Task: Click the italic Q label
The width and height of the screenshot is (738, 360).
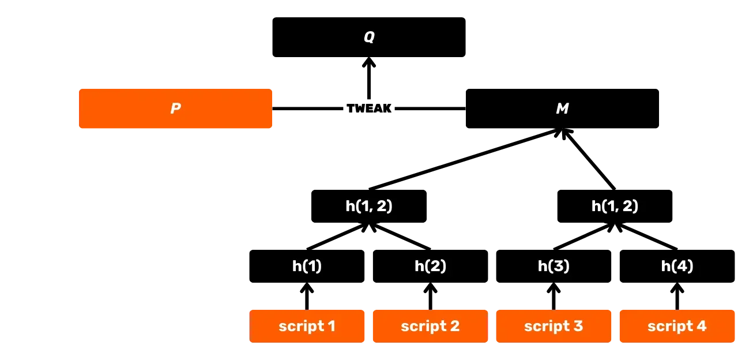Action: [x=369, y=37]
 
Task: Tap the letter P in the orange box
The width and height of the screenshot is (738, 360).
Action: [x=176, y=108]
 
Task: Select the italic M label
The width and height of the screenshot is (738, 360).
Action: [x=562, y=108]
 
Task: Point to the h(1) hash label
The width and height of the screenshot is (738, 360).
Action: [x=307, y=266]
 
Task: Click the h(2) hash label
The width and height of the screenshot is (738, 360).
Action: [x=430, y=266]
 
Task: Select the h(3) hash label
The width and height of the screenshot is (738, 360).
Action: [x=553, y=266]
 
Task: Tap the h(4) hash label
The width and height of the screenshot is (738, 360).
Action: [x=677, y=266]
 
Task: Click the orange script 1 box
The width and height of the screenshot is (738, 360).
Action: [x=307, y=327]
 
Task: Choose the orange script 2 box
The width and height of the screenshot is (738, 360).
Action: [x=430, y=327]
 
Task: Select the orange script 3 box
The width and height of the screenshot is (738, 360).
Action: [x=553, y=327]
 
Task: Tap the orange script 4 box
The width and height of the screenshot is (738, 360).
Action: [x=677, y=327]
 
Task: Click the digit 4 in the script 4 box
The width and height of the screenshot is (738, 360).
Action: [x=701, y=327]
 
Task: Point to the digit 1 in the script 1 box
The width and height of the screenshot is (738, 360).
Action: [x=332, y=327]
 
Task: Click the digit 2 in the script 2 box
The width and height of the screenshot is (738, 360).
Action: [x=455, y=327]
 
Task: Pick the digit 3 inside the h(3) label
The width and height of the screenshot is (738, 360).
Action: [x=558, y=266]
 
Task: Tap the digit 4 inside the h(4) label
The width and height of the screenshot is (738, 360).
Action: [x=682, y=266]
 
